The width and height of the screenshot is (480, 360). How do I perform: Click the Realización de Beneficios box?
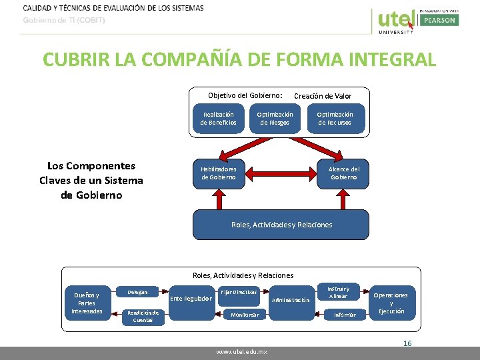click(x=219, y=119)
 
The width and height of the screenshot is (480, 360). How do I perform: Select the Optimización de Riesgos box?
click(x=275, y=119)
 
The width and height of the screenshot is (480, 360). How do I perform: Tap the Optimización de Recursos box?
click(x=335, y=119)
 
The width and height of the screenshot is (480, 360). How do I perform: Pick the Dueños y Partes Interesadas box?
click(x=87, y=303)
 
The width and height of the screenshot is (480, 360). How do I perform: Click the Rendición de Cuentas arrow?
click(x=143, y=316)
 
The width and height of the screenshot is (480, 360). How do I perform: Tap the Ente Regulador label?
click(x=191, y=299)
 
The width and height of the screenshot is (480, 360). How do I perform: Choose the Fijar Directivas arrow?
click(x=239, y=292)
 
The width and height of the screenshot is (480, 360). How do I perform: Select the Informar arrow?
click(x=344, y=314)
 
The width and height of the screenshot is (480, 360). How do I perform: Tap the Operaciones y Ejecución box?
click(x=391, y=303)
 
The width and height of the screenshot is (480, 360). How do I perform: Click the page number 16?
click(x=407, y=343)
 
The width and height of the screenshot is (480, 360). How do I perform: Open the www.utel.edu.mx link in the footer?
click(x=241, y=351)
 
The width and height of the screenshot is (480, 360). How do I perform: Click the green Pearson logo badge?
click(x=438, y=21)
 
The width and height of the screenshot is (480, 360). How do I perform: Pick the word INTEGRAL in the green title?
click(x=387, y=59)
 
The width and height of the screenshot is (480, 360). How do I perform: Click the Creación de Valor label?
click(x=323, y=96)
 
